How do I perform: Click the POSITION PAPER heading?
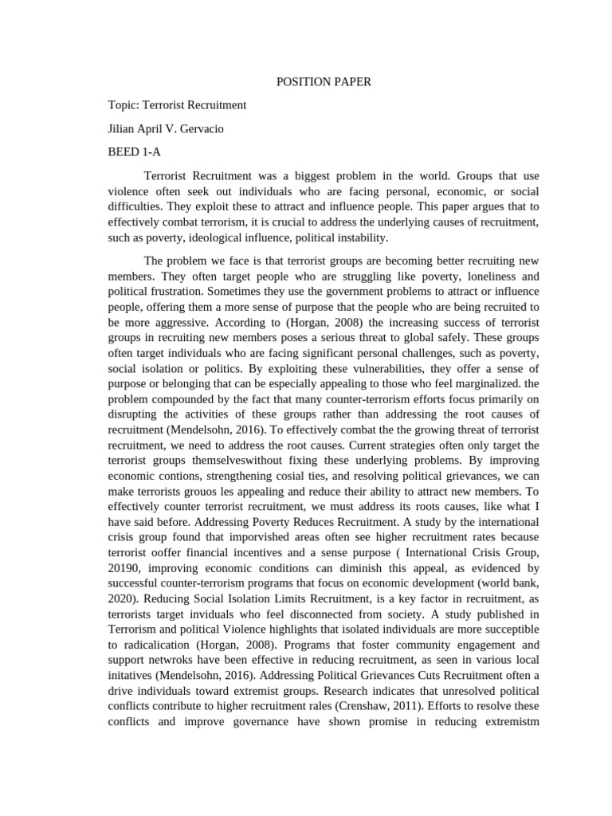(324, 81)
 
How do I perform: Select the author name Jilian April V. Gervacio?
(166, 128)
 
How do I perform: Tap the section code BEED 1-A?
(134, 151)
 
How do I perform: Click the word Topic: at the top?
(124, 104)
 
